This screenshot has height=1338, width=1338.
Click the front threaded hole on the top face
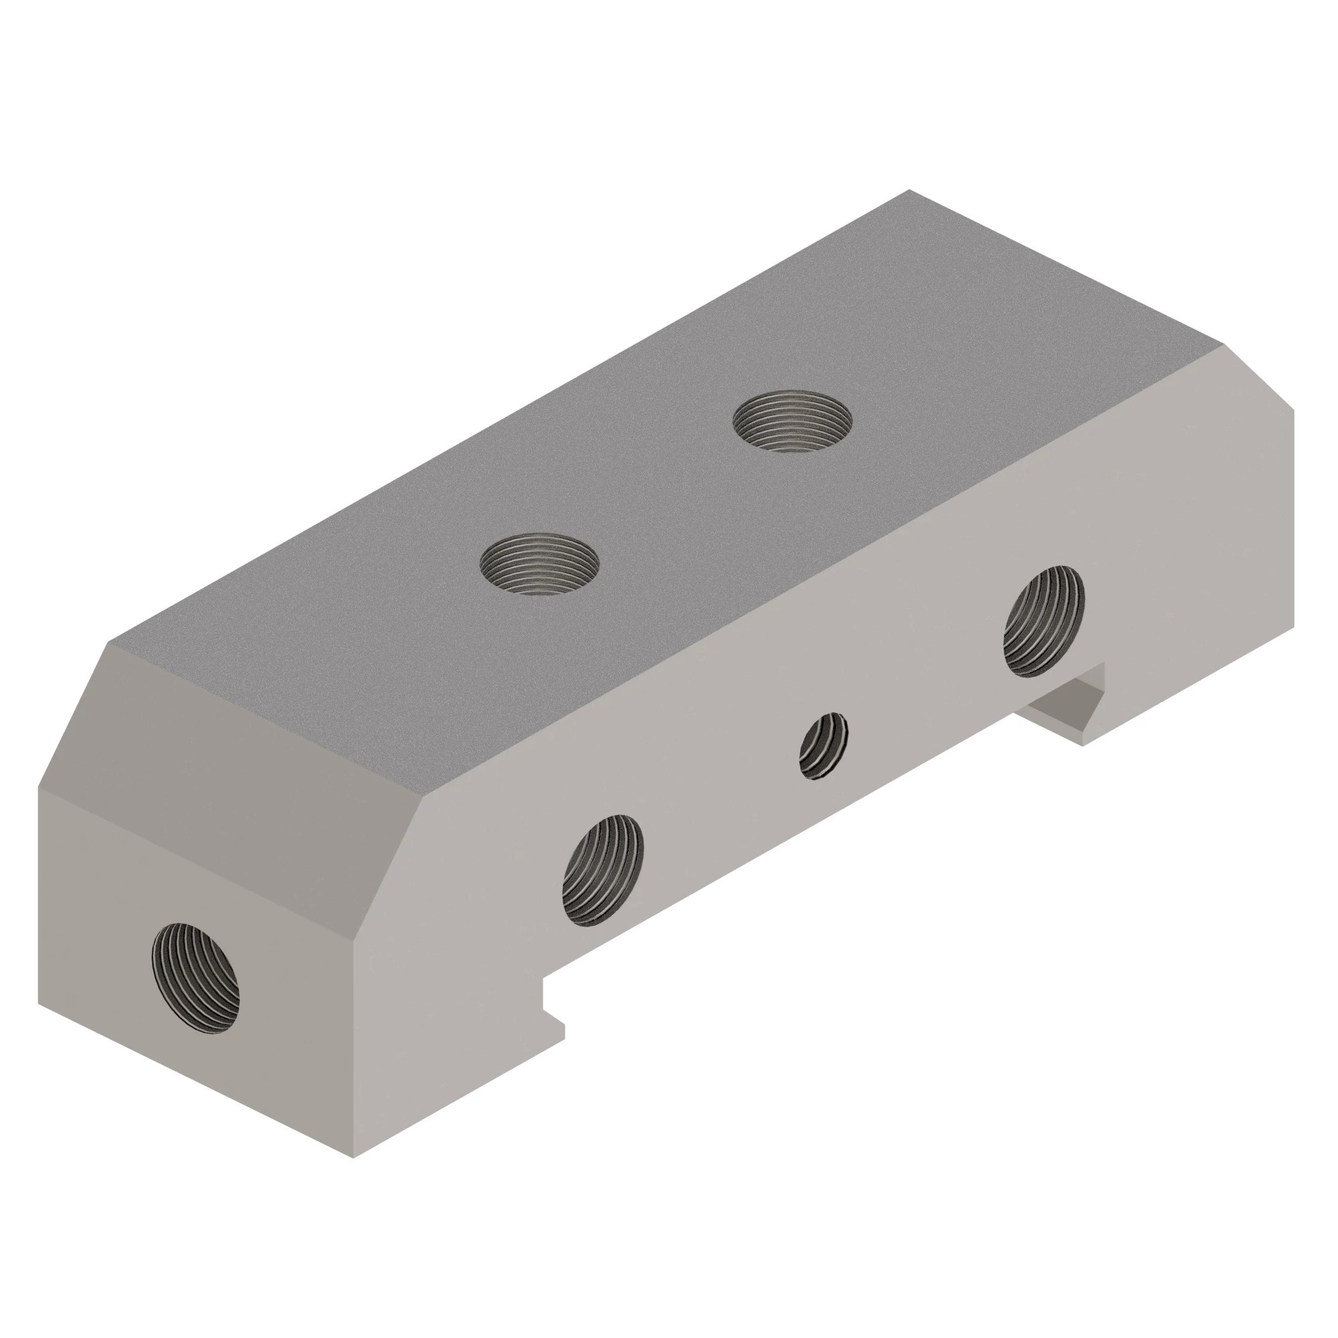539,563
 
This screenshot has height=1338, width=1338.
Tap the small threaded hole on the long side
824,746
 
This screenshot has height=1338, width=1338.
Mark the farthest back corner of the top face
909,190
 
